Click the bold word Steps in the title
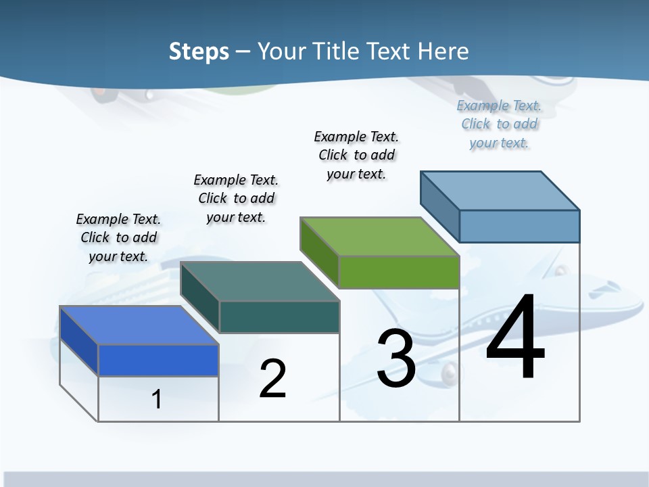pos(199,51)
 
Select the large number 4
pos(515,338)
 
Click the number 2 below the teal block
pos(272,379)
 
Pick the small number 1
pos(156,399)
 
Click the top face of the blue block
pos(139,325)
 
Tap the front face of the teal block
pos(279,317)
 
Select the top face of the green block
pos(379,237)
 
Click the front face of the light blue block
pos(519,226)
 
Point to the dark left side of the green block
pos(319,252)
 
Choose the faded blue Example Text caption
pos(499,124)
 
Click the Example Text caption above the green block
pos(356,155)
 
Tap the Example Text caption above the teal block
pos(236,198)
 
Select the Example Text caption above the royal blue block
pos(118,237)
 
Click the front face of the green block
pos(399,273)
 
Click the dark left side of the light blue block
pos(439,206)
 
